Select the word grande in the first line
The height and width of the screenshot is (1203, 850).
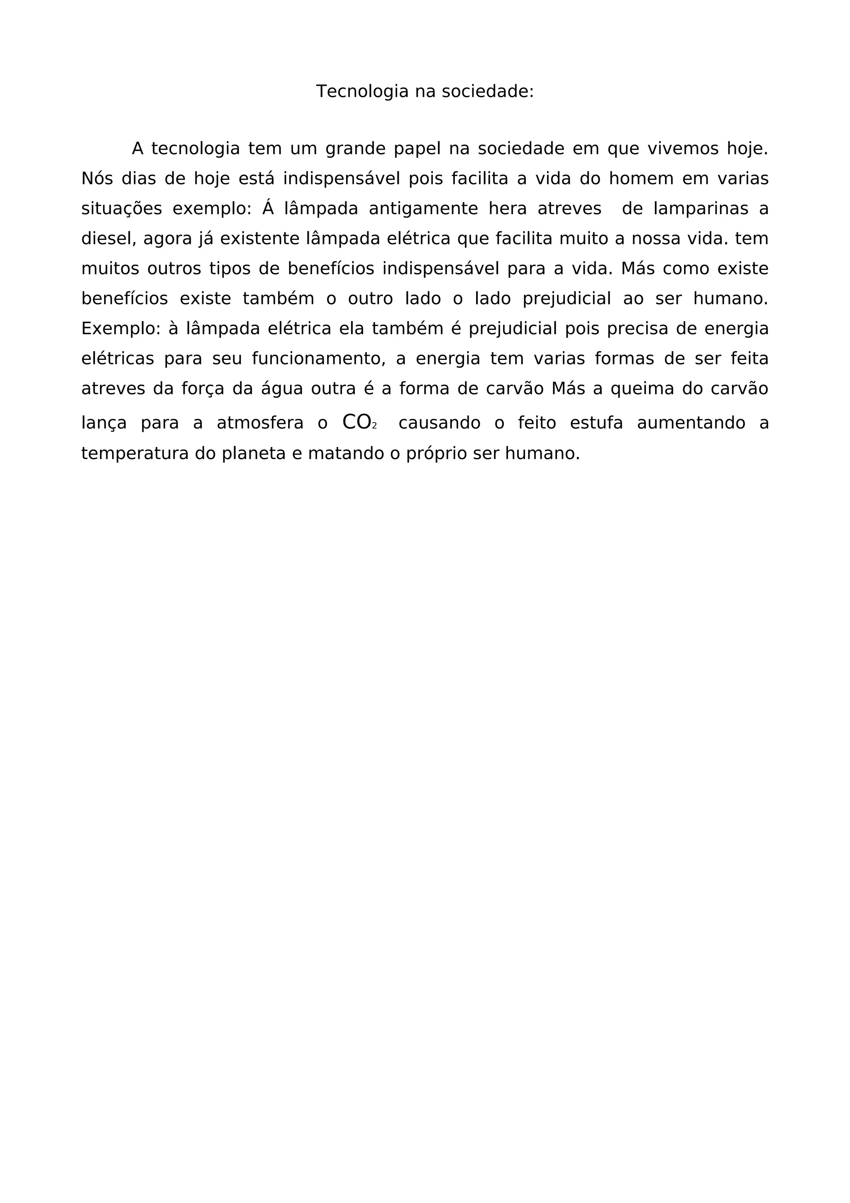(x=355, y=149)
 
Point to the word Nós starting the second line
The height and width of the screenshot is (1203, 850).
(x=97, y=179)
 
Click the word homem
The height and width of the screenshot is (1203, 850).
(x=641, y=179)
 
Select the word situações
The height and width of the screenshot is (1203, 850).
(x=122, y=209)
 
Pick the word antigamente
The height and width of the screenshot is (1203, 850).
(x=423, y=209)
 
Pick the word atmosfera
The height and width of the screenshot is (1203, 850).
(x=260, y=423)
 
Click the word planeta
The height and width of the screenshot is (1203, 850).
(x=254, y=454)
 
